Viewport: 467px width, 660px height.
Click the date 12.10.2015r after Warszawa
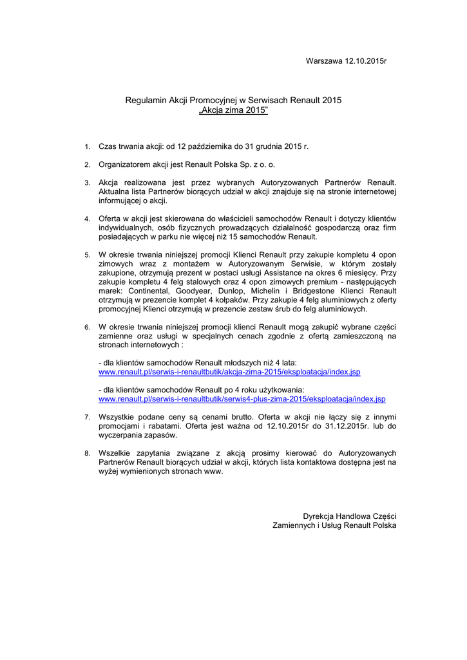(x=365, y=61)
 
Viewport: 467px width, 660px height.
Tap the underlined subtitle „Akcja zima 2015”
(x=233, y=111)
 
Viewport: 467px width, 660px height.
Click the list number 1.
(x=87, y=148)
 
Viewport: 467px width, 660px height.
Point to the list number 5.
(x=87, y=256)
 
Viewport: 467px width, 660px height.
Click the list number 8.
(x=87, y=454)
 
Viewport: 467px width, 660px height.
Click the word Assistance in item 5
(x=284, y=273)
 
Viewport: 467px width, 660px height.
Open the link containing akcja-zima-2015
(x=229, y=373)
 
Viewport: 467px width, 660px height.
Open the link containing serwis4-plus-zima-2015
(x=242, y=399)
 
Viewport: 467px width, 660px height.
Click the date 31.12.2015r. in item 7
(x=345, y=426)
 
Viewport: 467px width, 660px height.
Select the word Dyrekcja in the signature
(x=319, y=516)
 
